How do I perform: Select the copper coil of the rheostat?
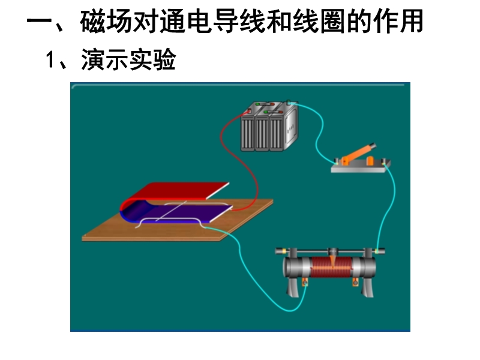coord(332,267)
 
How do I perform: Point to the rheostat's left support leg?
coord(293,286)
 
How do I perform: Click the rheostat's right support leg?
coord(367,286)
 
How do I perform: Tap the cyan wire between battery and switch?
coord(319,134)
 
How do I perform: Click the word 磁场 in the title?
coord(107,22)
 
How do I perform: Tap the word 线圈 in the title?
coord(320,22)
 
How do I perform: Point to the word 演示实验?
coord(128,59)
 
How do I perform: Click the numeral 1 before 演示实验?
coord(50,59)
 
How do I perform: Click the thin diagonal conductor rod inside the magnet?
coord(172,211)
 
